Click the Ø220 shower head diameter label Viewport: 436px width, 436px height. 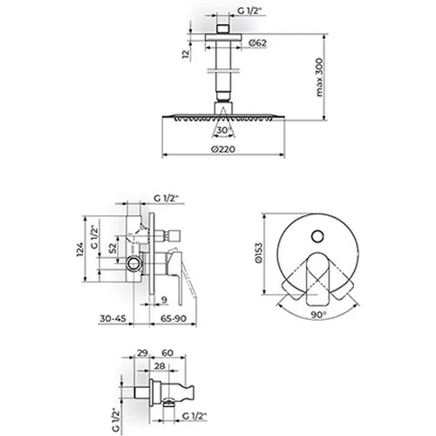click(223, 149)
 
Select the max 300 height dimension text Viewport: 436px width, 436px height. click(319, 78)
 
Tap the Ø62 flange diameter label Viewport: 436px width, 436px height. click(257, 43)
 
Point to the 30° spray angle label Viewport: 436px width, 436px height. click(223, 130)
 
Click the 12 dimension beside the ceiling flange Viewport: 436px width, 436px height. click(186, 54)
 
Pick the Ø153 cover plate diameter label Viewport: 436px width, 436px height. click(258, 253)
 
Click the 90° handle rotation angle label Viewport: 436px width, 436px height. click(319, 315)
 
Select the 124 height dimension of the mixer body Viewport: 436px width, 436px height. click(79, 249)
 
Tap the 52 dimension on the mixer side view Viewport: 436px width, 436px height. click(112, 248)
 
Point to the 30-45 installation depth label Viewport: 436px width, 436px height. click(113, 318)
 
